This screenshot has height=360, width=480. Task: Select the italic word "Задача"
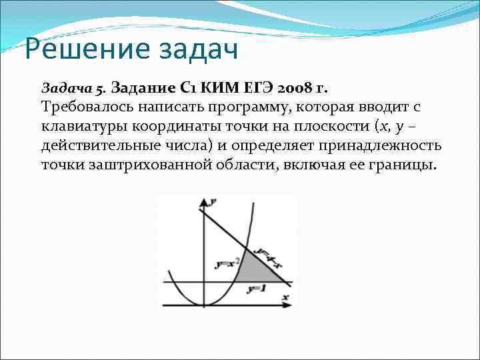click(x=65, y=87)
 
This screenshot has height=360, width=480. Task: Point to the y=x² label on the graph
click(x=227, y=264)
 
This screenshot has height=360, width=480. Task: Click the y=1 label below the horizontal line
click(x=255, y=289)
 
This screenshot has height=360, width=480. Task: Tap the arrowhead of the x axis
click(x=288, y=306)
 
